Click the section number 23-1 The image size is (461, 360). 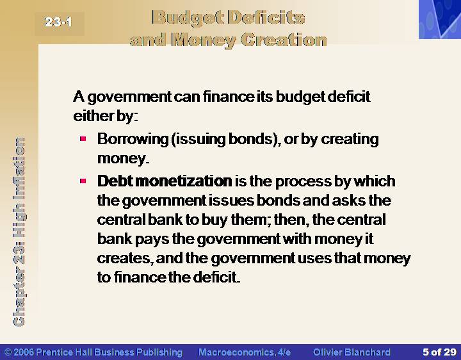(58, 22)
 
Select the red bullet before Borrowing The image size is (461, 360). (83, 138)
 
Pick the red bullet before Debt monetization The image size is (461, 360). (83, 181)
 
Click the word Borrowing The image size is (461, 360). (133, 139)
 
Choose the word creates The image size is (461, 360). (125, 259)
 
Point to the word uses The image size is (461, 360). (314, 259)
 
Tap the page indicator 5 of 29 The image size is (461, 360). (439, 352)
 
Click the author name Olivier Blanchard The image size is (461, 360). (352, 352)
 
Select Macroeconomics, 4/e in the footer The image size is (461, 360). (245, 352)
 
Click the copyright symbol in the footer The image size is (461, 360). (8, 352)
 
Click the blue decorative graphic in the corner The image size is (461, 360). (440, 19)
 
